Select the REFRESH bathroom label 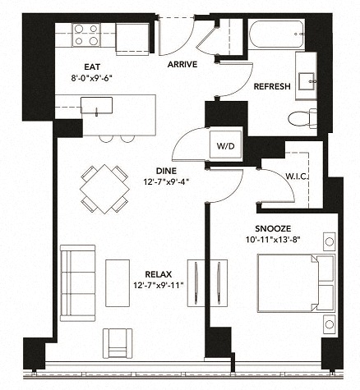(271, 86)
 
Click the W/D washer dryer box (224, 145)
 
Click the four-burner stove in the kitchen (86, 36)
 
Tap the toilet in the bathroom (309, 116)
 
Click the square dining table (105, 189)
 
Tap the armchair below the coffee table (117, 341)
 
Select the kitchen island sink (102, 105)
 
